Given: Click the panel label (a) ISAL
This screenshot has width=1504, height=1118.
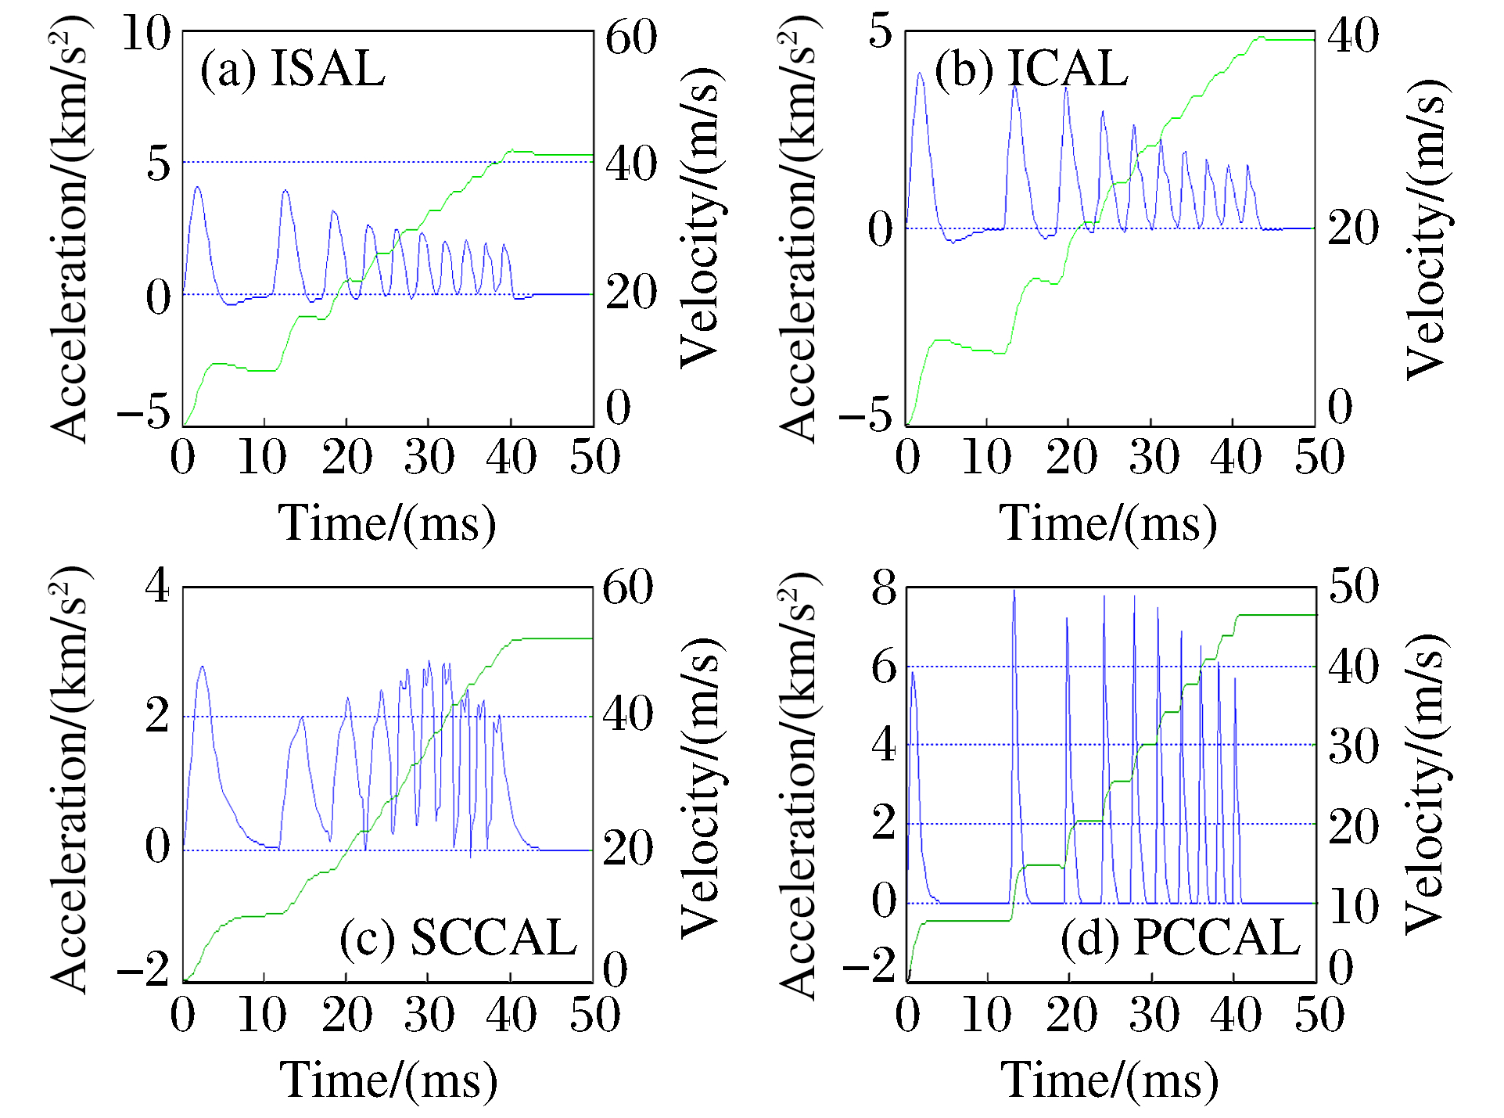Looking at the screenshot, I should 293,69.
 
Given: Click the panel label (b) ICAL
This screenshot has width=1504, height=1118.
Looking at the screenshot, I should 1031,69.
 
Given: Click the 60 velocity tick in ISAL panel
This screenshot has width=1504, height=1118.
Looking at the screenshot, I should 630,37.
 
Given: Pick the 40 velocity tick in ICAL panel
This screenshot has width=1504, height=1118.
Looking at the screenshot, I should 1353,35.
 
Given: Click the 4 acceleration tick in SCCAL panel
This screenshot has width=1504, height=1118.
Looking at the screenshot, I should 157,585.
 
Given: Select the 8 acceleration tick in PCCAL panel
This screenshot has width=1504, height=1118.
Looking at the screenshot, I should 885,587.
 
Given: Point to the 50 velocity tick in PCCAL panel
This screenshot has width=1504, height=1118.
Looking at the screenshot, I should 1354,586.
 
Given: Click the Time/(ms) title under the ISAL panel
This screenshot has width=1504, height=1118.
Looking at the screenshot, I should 387,523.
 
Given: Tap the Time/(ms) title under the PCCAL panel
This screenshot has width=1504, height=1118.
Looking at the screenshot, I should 1110,1080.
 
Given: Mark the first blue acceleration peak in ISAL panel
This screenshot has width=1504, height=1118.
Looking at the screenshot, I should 197,187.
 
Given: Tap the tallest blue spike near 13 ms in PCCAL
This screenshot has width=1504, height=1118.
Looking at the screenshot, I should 1014,591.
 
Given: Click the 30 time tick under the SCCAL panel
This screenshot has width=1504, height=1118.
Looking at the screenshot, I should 429,1015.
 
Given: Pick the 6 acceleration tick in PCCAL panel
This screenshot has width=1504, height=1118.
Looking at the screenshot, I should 885,667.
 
